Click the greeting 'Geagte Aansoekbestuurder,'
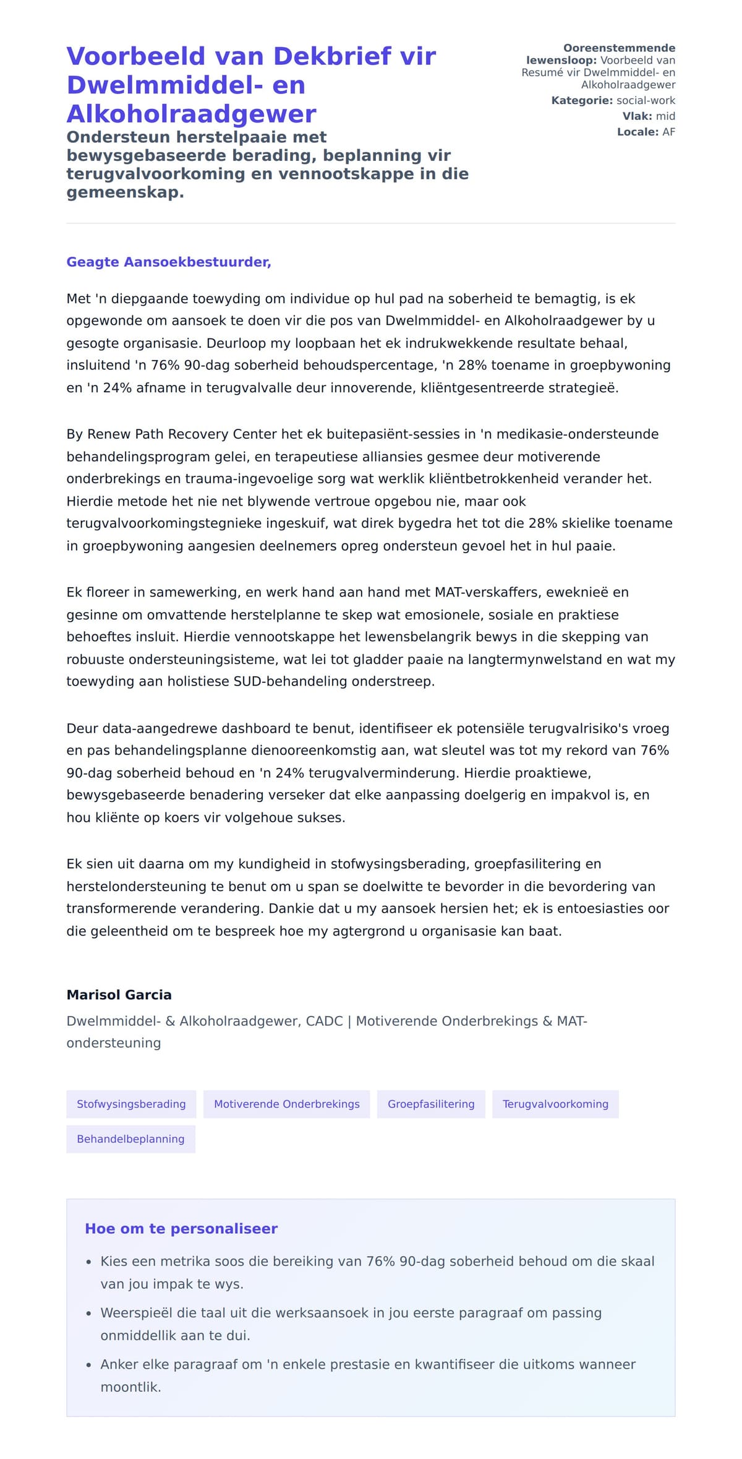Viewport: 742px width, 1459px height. (x=169, y=262)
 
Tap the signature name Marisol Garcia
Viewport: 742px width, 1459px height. (x=119, y=994)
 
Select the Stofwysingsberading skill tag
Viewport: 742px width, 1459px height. (x=131, y=1104)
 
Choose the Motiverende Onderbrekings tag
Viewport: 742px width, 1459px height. (x=286, y=1104)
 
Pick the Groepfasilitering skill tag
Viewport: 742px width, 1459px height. (x=431, y=1104)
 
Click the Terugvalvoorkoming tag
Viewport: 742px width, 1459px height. (x=555, y=1104)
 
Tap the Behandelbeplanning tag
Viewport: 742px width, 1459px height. (x=130, y=1139)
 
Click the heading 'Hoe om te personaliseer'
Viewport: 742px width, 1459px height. (x=181, y=1229)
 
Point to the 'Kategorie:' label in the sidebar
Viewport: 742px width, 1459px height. (x=582, y=100)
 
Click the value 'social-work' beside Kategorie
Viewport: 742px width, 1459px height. (x=646, y=100)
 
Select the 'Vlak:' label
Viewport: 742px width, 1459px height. (x=637, y=116)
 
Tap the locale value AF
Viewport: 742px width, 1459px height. (x=668, y=132)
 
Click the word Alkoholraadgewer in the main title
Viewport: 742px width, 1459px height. (x=191, y=114)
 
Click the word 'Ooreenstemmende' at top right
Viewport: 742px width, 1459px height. (x=619, y=48)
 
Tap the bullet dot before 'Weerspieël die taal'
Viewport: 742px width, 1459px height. (x=89, y=1313)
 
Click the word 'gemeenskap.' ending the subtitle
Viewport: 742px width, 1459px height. (x=126, y=192)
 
